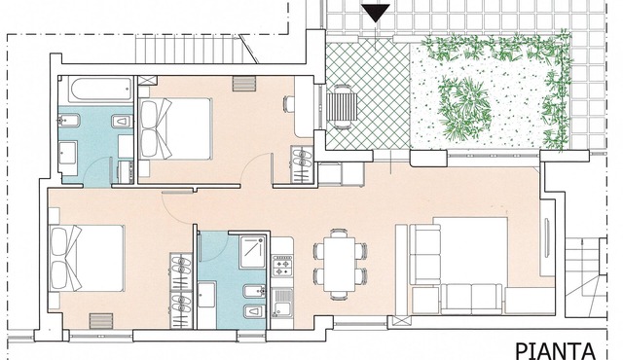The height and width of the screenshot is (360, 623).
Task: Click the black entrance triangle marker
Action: coord(376,13)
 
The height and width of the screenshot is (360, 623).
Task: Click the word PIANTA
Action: coord(556,351)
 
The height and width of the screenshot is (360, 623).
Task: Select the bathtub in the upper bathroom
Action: coord(99,89)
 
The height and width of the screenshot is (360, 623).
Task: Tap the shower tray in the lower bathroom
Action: coord(253,252)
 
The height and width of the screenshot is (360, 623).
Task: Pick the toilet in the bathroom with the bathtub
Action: coord(122,121)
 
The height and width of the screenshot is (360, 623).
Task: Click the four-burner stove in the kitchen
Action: coord(282,266)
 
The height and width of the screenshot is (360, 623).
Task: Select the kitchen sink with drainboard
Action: coord(282,303)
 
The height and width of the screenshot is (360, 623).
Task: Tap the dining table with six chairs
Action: coord(340,264)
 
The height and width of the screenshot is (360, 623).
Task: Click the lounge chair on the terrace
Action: coord(342,106)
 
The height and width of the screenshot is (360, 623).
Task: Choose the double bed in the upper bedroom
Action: coord(175,128)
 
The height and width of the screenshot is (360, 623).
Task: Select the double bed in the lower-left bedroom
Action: coord(87,258)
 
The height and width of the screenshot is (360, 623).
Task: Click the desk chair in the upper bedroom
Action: coord(288,103)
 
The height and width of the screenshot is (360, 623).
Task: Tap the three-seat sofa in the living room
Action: coord(471,299)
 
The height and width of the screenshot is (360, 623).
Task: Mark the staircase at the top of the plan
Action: coord(195,49)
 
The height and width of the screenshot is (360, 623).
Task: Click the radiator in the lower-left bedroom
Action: coord(101,321)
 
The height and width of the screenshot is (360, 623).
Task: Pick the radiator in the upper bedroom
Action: coord(243,84)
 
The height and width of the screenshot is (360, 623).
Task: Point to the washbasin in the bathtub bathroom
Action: coord(68,153)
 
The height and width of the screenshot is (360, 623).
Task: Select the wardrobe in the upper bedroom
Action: coord(302,165)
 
